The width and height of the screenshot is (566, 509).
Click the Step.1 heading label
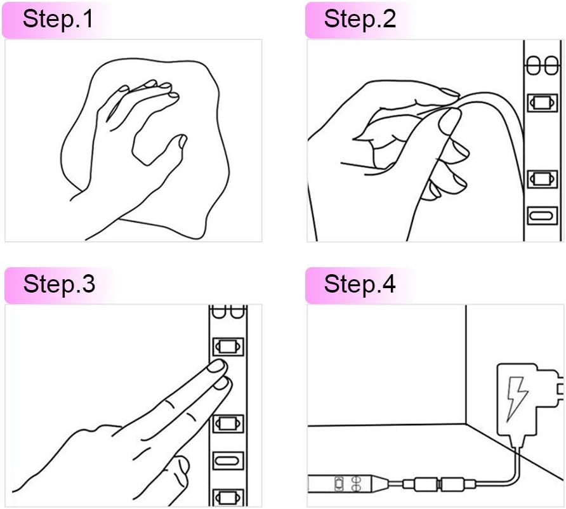[x=58, y=19]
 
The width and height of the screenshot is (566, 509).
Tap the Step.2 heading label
[x=360, y=19]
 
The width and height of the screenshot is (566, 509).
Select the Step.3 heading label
[x=59, y=284]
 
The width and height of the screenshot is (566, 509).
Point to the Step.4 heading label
[x=360, y=284]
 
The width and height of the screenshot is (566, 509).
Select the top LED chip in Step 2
[x=542, y=103]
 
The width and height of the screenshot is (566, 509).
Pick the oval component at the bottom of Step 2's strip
[x=542, y=216]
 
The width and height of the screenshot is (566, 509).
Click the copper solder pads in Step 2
[x=542, y=65]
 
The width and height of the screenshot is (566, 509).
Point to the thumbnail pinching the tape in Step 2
[x=450, y=121]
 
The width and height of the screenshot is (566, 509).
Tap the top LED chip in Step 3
[x=227, y=347]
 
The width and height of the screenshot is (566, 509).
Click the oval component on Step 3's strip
[x=227, y=461]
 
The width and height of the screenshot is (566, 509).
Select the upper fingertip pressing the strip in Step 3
[x=217, y=366]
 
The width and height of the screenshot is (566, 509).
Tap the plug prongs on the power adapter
[x=560, y=388]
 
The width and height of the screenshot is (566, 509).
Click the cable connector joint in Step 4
[x=439, y=484]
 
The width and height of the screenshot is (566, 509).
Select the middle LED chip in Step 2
[x=542, y=178]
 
